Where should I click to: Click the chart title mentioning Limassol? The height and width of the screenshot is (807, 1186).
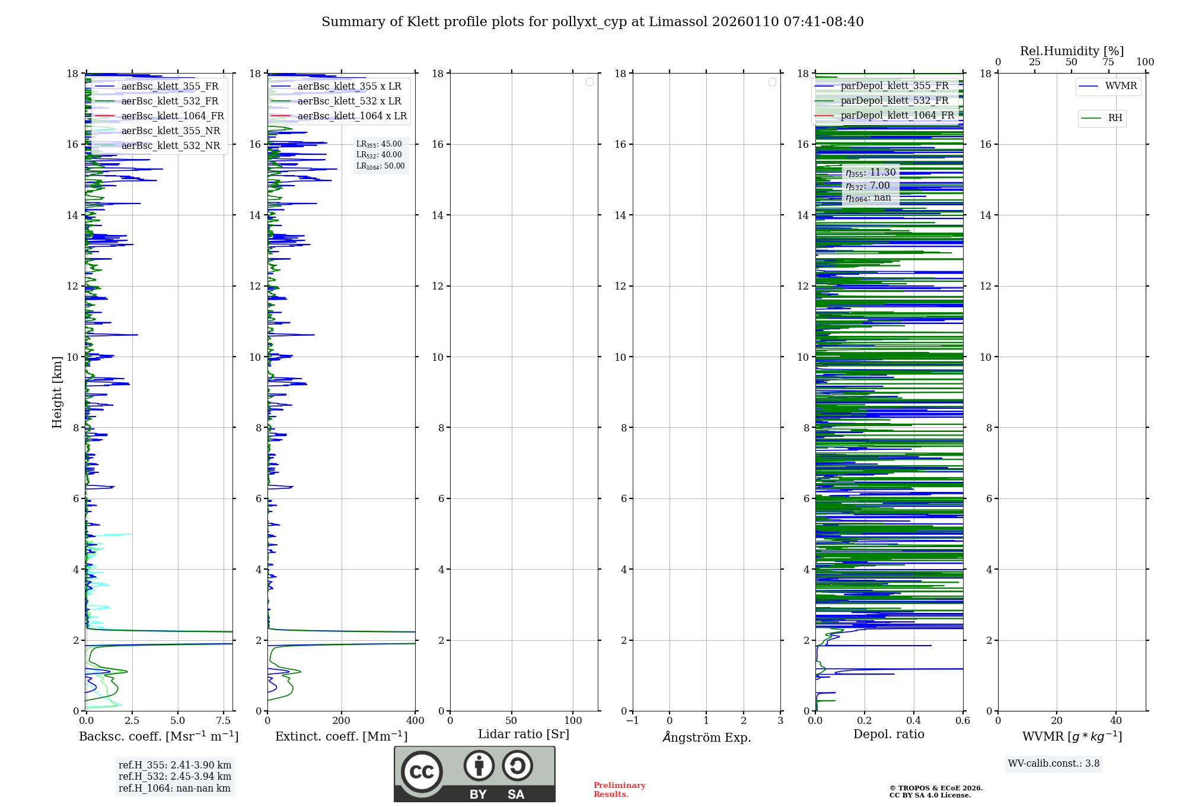click(x=592, y=22)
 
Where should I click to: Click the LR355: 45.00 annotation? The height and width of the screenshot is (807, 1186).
click(x=379, y=144)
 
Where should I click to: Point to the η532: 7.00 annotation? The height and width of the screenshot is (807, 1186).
click(x=868, y=186)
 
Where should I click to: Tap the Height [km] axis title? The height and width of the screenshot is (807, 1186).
click(x=57, y=392)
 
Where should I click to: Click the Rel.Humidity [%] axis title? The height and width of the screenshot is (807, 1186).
click(x=1072, y=51)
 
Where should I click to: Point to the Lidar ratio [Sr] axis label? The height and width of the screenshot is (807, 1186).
click(x=524, y=735)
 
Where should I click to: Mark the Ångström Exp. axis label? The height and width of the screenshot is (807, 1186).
click(x=706, y=737)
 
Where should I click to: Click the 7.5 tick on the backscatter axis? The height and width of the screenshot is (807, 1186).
click(x=224, y=721)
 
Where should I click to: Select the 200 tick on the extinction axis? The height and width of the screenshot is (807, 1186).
click(x=342, y=721)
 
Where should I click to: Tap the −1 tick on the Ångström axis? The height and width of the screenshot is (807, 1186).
click(x=632, y=721)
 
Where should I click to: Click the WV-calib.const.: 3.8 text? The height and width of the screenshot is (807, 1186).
click(x=1054, y=764)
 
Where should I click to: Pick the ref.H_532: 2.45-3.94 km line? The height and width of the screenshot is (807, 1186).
click(x=175, y=777)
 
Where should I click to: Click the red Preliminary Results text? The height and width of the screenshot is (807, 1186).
click(x=619, y=790)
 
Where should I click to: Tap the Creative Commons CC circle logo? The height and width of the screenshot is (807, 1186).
click(x=422, y=772)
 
